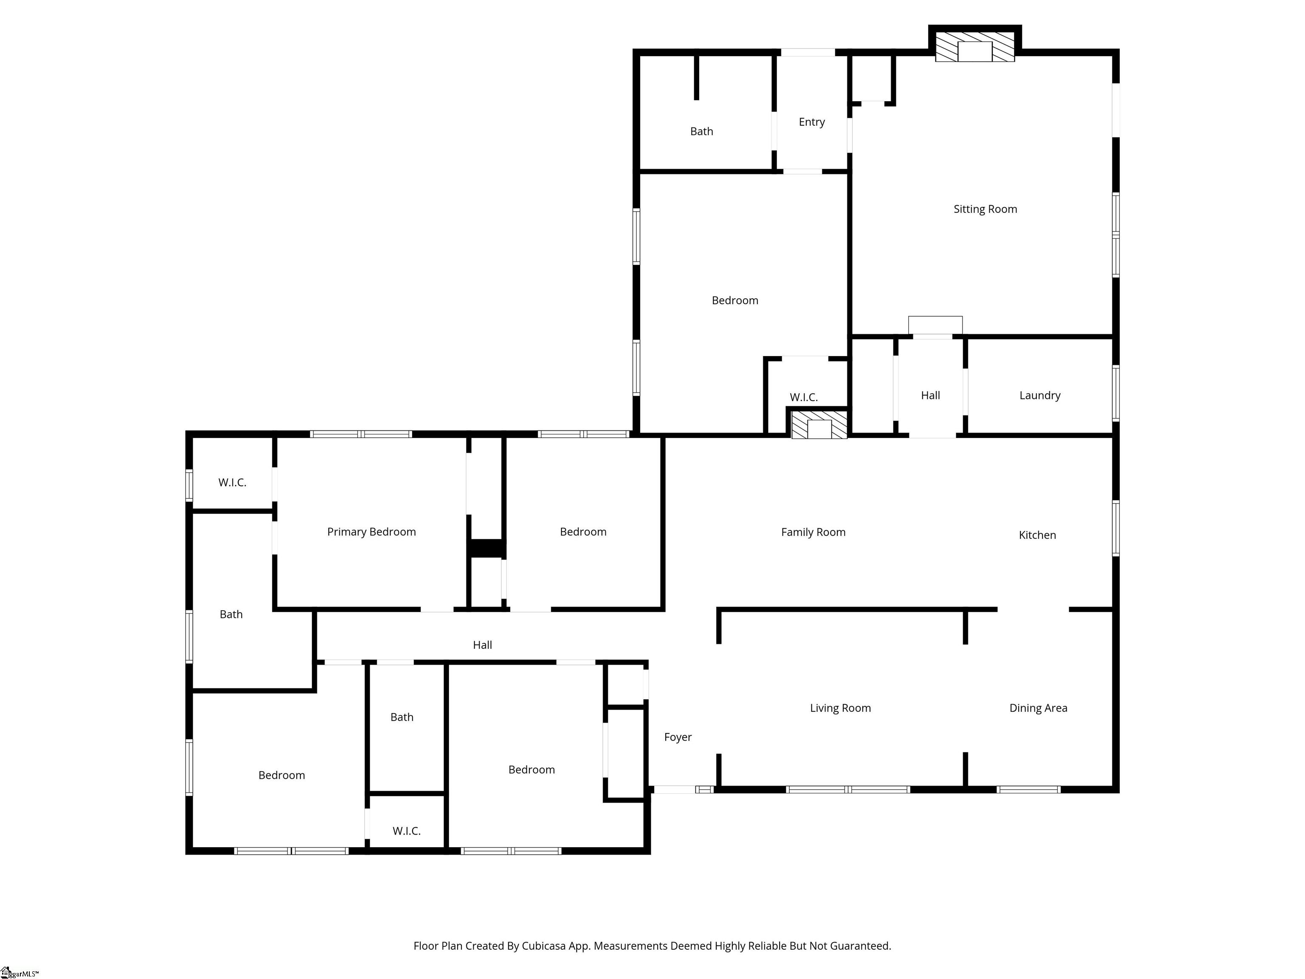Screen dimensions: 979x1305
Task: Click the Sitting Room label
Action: (x=985, y=209)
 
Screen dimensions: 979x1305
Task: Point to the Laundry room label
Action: (x=1039, y=395)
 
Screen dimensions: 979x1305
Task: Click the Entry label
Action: (x=811, y=122)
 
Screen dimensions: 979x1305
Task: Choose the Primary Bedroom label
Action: (x=371, y=532)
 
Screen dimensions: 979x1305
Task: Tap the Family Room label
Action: (x=813, y=532)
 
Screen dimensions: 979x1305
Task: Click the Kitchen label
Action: (x=1037, y=535)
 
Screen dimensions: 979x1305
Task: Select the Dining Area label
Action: (x=1038, y=708)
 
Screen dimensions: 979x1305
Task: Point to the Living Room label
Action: (x=840, y=708)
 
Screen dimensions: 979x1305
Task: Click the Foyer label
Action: (x=677, y=737)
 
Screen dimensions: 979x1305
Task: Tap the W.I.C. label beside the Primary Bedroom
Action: (x=232, y=483)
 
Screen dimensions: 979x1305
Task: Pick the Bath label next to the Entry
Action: (x=701, y=132)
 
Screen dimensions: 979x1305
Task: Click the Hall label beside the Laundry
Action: (x=930, y=395)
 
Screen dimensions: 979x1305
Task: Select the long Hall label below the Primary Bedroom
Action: (x=482, y=645)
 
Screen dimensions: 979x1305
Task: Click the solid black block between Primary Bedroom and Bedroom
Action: (x=486, y=548)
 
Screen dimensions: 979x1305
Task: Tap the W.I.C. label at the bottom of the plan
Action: (x=407, y=831)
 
